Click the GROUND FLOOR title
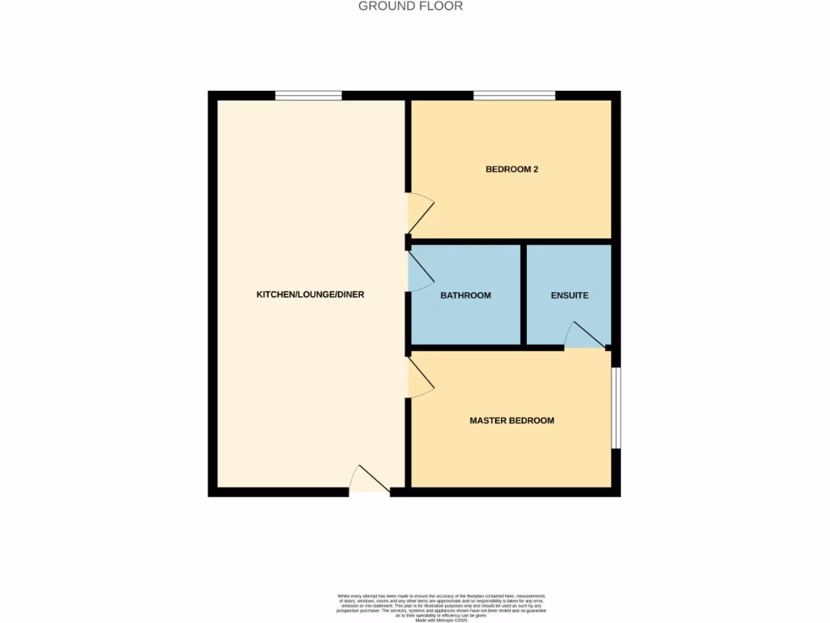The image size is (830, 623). pos(411,6)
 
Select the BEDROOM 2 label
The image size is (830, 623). pos(512,170)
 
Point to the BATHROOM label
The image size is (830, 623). pos(465,295)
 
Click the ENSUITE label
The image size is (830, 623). pos(569,295)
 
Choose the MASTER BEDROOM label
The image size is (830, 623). pos(512,420)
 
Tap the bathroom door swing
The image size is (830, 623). pos(420,270)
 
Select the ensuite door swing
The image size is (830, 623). pos(584,336)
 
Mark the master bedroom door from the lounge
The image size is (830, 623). pos(420,379)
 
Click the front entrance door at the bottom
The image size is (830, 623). pos(369,480)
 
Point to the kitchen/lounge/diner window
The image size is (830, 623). pos(308,96)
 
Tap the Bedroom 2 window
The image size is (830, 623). pos(514,96)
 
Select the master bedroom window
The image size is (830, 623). pos(616,407)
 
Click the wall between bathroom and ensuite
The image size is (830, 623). pos(524,294)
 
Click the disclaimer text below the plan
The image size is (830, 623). pos(442,605)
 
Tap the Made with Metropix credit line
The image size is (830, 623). pos(442,621)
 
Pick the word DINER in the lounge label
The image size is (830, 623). pos(351,294)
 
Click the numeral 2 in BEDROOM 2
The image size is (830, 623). pos(536,170)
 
